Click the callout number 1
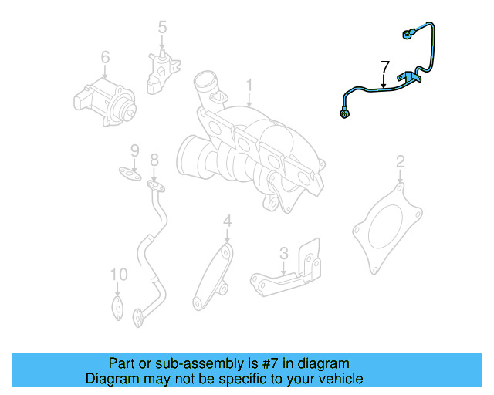pos(249,84)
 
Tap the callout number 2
pos(400,161)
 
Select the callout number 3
pos(283,252)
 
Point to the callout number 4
pos(227,222)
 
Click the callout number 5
pos(162,29)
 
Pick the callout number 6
pos(105,57)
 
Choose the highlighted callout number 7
pos(385,67)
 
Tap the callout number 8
pos(154,160)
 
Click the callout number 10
pos(117,275)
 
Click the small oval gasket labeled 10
pos(117,308)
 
